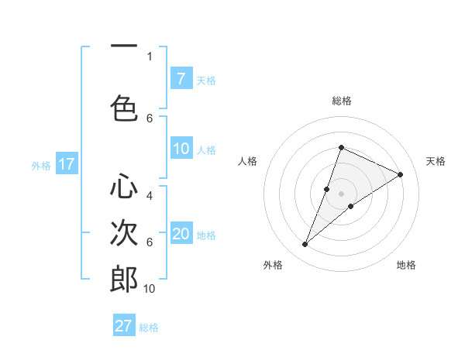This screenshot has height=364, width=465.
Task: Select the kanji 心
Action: (124, 187)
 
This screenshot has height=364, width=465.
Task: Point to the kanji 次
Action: (124, 233)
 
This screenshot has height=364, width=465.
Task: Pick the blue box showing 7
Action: (181, 78)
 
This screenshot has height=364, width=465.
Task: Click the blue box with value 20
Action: (181, 234)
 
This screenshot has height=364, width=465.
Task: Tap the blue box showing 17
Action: (66, 163)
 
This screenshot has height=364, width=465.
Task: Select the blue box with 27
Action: (124, 325)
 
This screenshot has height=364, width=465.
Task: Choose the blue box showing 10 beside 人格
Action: (181, 149)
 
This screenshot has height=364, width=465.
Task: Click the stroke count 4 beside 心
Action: (150, 196)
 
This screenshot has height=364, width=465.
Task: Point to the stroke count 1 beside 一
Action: (150, 57)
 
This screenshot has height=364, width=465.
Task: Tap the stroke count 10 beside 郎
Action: (150, 289)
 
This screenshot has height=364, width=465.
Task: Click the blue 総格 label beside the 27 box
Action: (149, 327)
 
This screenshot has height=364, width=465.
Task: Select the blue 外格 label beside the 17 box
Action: (41, 165)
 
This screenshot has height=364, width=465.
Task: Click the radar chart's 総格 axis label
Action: (341, 101)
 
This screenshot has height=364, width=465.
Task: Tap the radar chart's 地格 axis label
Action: (406, 265)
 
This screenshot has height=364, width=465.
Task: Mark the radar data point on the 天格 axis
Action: (401, 174)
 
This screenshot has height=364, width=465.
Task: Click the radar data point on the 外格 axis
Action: (305, 245)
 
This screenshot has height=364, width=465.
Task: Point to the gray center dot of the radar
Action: (341, 193)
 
